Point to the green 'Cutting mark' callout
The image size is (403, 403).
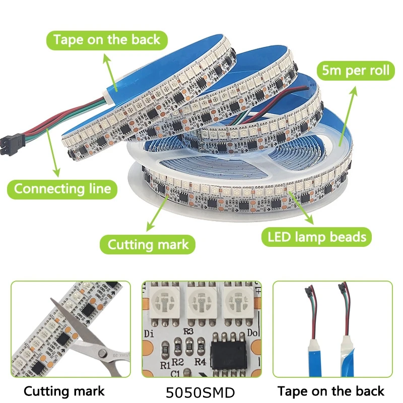[x=149, y=245]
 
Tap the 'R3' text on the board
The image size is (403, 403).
[x=188, y=331]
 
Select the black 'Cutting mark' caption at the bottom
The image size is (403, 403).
[x=64, y=391]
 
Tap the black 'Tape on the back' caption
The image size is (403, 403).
[x=331, y=391]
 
